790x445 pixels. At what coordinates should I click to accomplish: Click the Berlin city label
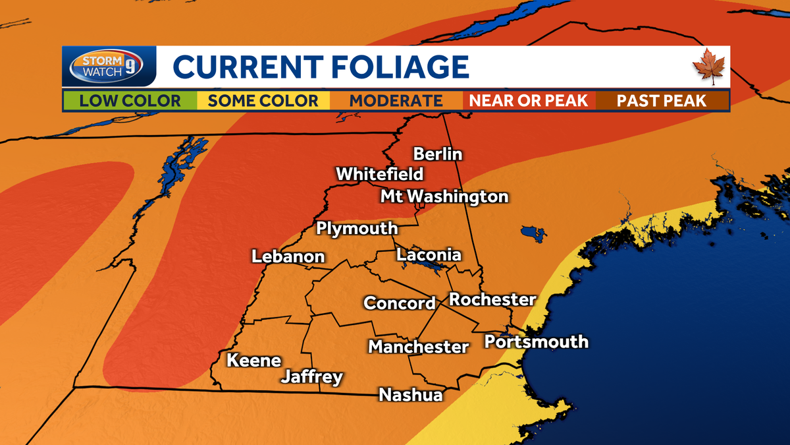[438, 154]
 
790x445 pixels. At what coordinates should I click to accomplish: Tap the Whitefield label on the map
[380, 175]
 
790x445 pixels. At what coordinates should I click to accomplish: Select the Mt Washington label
[444, 196]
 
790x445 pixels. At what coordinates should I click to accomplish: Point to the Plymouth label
[357, 228]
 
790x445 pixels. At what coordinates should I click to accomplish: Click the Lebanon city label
[288, 256]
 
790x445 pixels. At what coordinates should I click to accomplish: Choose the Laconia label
[429, 254]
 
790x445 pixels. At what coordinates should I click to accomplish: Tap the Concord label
[400, 303]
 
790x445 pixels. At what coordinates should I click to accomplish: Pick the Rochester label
[492, 299]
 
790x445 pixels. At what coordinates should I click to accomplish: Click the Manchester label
[418, 346]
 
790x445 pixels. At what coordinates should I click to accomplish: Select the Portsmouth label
[536, 341]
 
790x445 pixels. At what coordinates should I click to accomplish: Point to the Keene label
[253, 361]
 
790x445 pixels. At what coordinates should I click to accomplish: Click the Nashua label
[411, 394]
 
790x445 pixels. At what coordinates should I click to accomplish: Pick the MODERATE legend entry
[396, 101]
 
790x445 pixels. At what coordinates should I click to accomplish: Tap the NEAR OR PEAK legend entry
[529, 101]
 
